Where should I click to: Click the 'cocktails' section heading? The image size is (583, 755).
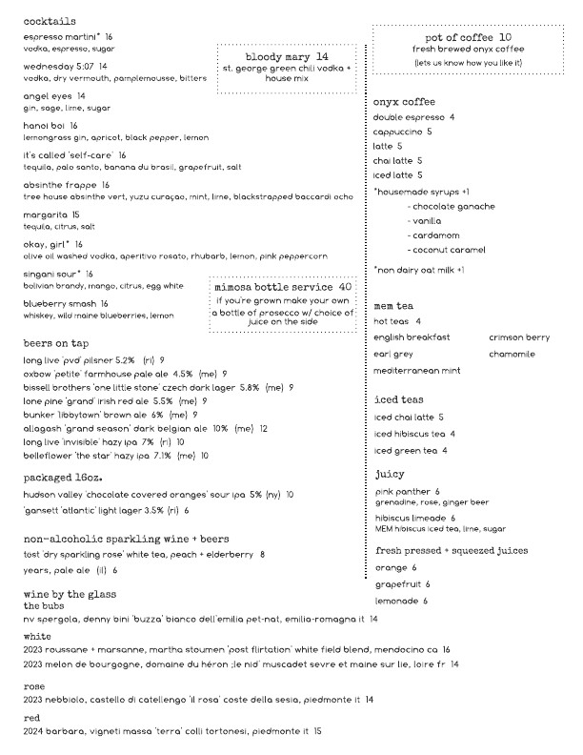coord(50,20)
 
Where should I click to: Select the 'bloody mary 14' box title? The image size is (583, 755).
coord(287,57)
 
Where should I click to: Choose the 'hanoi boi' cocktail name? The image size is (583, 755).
coord(44,125)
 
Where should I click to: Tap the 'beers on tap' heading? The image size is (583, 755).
coord(59,341)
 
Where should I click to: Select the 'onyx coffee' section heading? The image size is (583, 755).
coord(404,102)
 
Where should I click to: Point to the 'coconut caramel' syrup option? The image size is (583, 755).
coord(448,250)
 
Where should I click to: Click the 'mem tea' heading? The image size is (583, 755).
coord(392,305)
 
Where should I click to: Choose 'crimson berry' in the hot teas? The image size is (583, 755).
coord(519,337)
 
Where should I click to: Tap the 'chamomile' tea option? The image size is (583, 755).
coord(514,353)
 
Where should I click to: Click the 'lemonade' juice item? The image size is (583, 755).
coord(396,601)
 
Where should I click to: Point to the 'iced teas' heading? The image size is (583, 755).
coord(398,399)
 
